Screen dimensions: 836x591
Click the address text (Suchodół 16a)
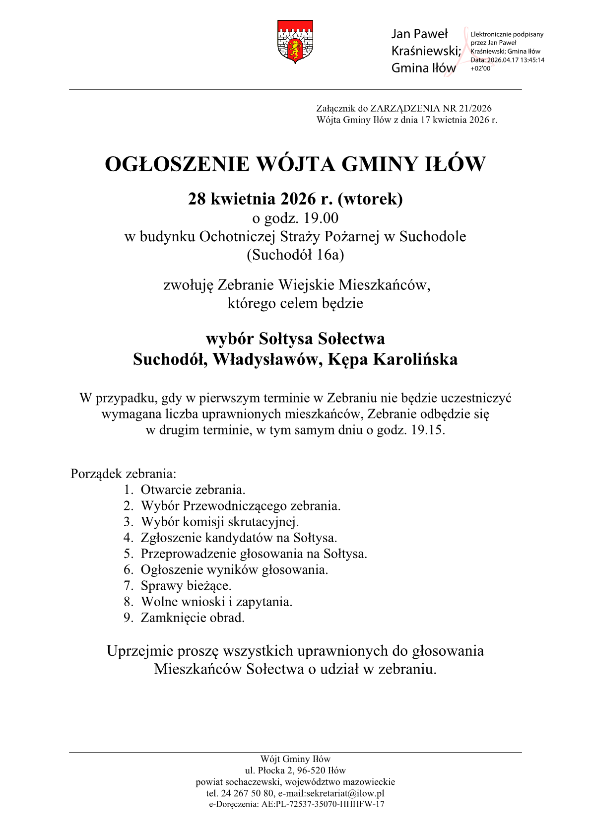click(x=295, y=255)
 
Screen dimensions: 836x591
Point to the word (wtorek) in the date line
click(x=370, y=199)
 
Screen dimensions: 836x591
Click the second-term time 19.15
click(x=427, y=430)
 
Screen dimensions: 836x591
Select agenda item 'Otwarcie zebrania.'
click(x=193, y=490)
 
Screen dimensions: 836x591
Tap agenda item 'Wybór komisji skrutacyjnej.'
click(x=220, y=522)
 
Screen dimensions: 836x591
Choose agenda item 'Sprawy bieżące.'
click(x=186, y=586)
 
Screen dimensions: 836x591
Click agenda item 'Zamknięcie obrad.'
click(x=193, y=618)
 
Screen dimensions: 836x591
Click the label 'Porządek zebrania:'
click(x=124, y=474)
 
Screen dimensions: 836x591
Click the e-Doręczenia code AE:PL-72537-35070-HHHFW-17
click(x=322, y=804)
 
